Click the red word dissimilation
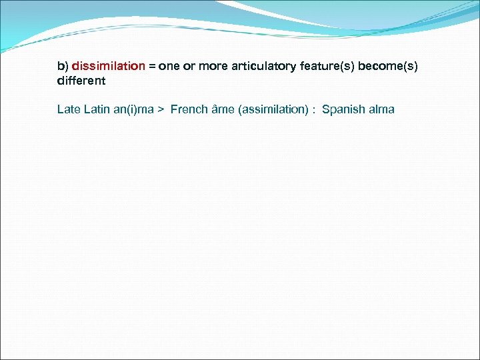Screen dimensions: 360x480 click(108, 67)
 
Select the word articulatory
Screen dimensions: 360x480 click(257, 67)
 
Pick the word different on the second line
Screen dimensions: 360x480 click(81, 81)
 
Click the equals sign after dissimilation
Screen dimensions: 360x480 click(152, 67)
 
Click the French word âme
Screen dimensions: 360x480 click(221, 109)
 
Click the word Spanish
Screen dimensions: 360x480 click(342, 109)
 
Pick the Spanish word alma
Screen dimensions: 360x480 click(381, 109)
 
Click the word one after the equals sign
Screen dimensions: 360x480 click(169, 67)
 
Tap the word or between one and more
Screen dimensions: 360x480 click(188, 67)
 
